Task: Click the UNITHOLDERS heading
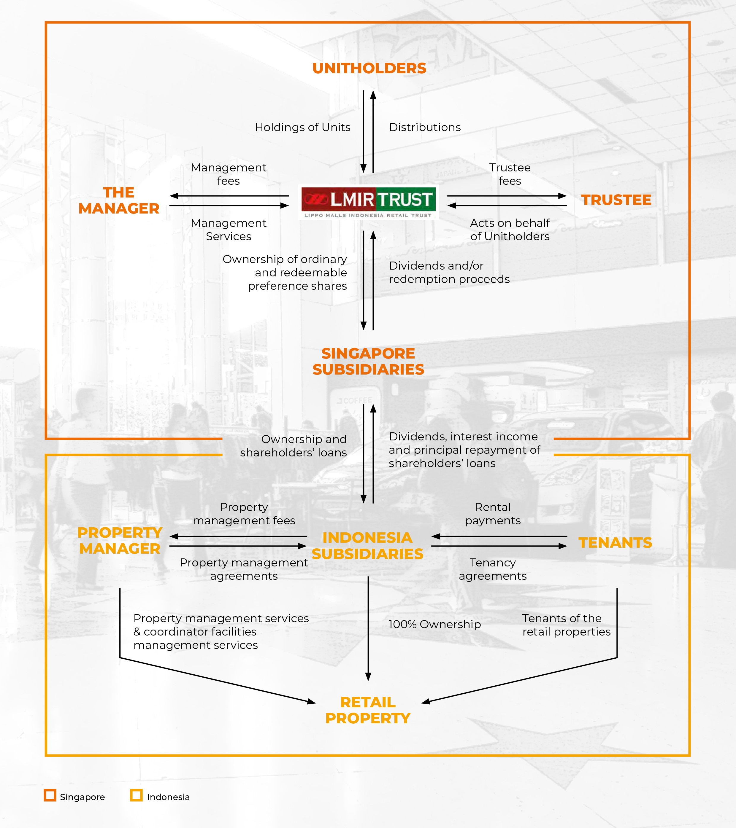coord(369,68)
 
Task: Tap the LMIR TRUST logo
coord(368,203)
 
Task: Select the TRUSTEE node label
coord(616,200)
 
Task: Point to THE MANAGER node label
coord(119,200)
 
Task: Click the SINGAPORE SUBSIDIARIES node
coord(368,361)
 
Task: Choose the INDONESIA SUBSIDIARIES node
coord(367,546)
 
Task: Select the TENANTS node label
coord(615,542)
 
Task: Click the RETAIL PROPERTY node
coord(368,710)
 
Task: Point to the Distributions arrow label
coord(425,127)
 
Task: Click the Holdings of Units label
coord(302,127)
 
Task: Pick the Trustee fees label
coord(510,174)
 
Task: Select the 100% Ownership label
coord(434,624)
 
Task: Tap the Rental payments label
coord(493,514)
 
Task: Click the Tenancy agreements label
coord(493,569)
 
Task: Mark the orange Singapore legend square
coord(50,795)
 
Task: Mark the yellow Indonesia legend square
coord(137,795)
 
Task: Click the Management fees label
coord(229,174)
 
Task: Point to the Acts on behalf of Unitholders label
coord(510,230)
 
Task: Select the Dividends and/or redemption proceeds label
coord(449,272)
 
